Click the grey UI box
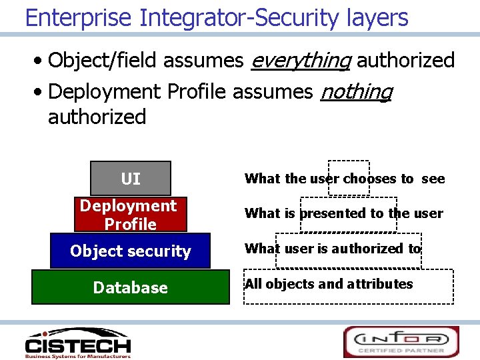[x=131, y=179]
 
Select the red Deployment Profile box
[x=131, y=214]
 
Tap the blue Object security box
[x=130, y=251]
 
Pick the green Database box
[x=130, y=287]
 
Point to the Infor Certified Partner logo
[x=401, y=341]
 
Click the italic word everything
[x=300, y=61]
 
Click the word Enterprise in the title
[x=79, y=17]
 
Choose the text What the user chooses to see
[x=345, y=179]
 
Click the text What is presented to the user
[x=343, y=213]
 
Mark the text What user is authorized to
[x=333, y=249]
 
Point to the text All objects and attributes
[x=329, y=284]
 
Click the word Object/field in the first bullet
[x=103, y=61]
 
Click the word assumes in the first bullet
[x=203, y=61]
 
